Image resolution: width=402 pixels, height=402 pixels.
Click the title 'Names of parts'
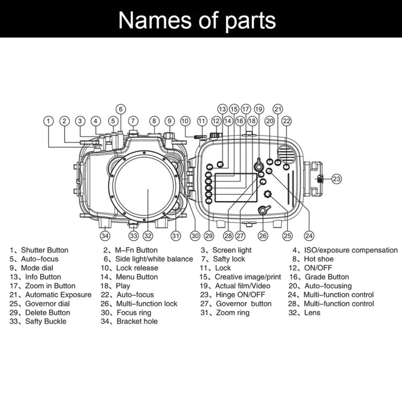[197, 19]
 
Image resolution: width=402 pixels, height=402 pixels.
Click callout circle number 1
[49, 121]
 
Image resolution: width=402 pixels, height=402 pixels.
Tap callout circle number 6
[121, 109]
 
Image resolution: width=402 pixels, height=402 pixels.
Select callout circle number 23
[336, 179]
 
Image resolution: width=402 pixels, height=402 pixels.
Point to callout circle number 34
[105, 235]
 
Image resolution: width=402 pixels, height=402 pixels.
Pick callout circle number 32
[148, 235]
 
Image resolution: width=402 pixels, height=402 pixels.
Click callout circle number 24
[309, 235]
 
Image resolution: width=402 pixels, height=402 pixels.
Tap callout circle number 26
[263, 235]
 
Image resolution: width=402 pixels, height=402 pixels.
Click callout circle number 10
[185, 121]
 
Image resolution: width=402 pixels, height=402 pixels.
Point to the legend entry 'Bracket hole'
[137, 322]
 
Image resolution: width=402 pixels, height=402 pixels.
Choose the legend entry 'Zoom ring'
[232, 313]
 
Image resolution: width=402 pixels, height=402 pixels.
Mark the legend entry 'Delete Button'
[47, 313]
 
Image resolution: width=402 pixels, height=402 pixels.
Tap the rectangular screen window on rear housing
[234, 188]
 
